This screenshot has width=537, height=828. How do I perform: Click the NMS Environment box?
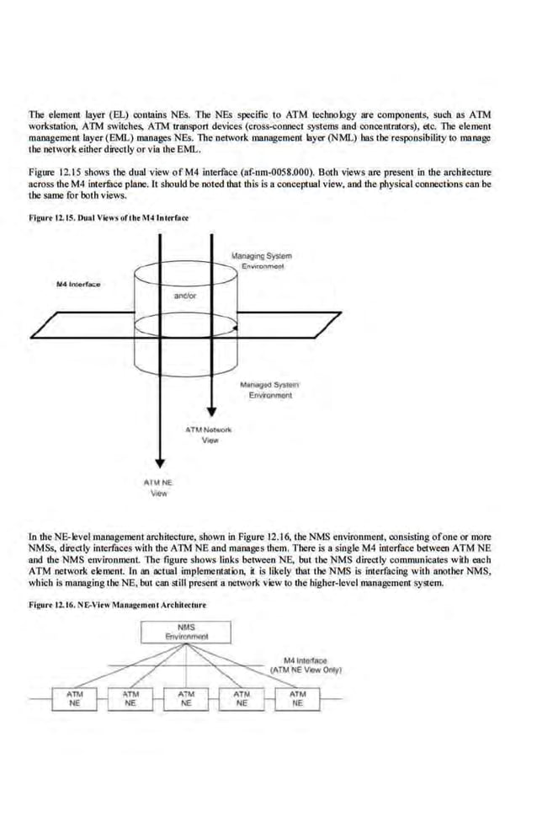click(187, 632)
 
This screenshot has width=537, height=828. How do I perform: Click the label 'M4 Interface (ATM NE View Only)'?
click(305, 665)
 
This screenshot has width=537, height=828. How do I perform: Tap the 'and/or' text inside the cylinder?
click(185, 296)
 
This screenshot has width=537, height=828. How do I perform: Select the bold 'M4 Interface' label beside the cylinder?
click(77, 283)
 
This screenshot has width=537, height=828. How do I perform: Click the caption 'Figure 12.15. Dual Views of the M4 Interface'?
click(109, 217)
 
